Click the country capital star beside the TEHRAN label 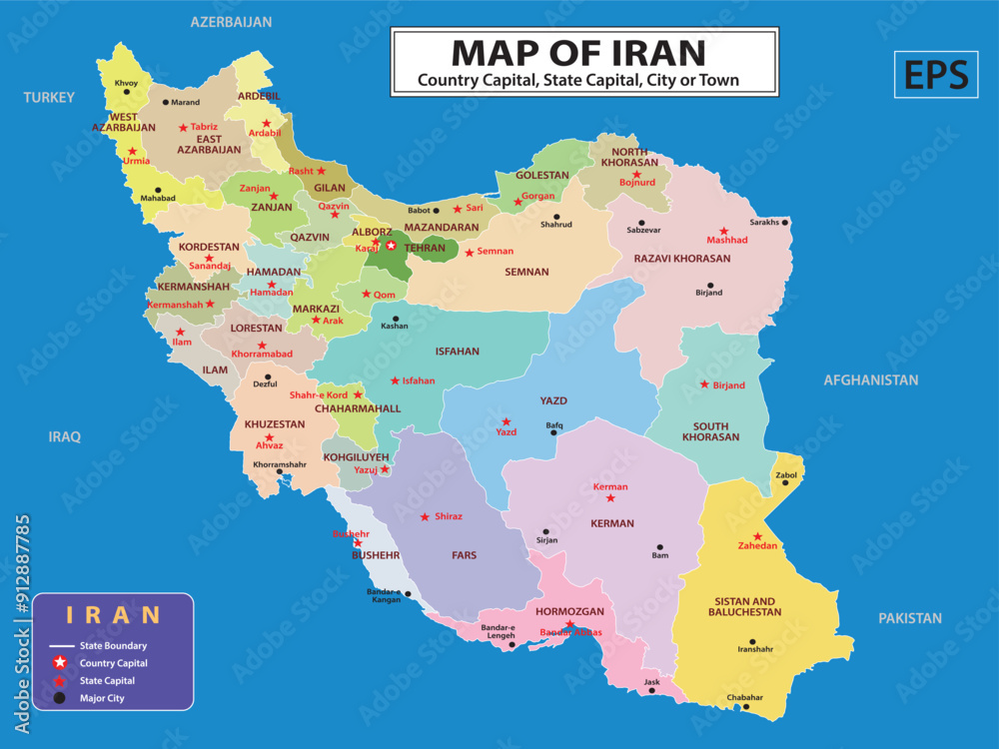click(x=391, y=246)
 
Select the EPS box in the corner click(x=936, y=75)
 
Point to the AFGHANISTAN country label click(x=870, y=379)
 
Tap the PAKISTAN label click(x=909, y=618)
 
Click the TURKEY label click(x=50, y=97)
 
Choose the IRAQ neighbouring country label click(x=65, y=436)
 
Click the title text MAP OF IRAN click(x=578, y=52)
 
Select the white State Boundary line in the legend click(x=61, y=646)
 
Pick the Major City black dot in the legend click(x=60, y=698)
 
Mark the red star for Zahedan click(x=758, y=536)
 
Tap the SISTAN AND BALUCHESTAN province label click(x=747, y=606)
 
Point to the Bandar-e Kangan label click(x=385, y=595)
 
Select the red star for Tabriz click(x=183, y=127)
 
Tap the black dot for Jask click(x=651, y=690)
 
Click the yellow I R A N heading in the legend click(x=113, y=614)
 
